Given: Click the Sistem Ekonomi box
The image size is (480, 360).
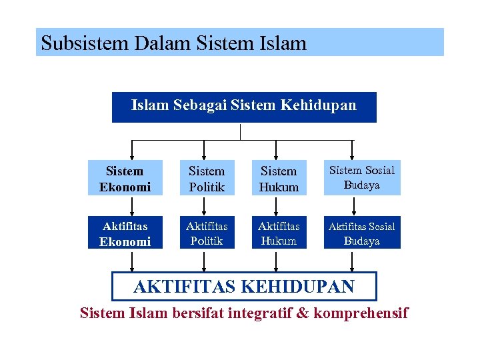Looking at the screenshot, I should point(125,179).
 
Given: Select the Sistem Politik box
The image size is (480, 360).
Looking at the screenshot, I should point(207,179).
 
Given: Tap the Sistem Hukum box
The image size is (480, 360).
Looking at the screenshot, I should point(279,179).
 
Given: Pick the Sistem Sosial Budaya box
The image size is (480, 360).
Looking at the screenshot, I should point(362,178).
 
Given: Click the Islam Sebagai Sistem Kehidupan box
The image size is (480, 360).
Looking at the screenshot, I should point(244,107).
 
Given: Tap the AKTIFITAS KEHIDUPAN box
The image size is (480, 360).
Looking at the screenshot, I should point(244,287).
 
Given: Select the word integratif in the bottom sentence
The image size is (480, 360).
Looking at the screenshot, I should point(256,313).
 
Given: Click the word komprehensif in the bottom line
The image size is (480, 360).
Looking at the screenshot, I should point(361,313).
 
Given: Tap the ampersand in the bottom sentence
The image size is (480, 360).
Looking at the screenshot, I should point(303,313).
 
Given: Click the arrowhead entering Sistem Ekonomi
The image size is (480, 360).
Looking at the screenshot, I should point(131,155).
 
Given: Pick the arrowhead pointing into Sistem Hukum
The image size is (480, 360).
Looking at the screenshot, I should point(278,155).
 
